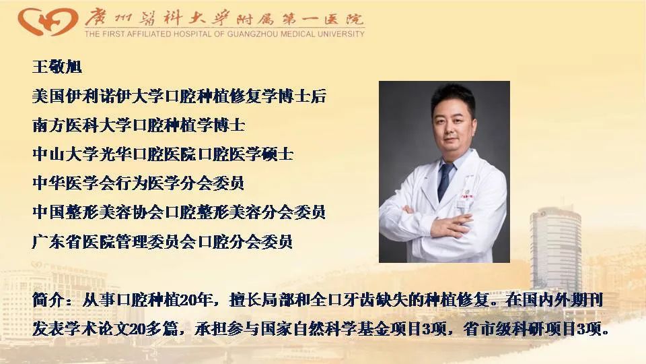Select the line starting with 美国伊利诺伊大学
[179, 96]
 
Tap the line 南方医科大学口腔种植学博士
[139, 125]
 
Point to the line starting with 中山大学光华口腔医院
[163, 154]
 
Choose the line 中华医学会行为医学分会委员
[139, 183]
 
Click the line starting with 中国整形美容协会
[179, 212]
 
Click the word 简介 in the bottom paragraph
[47, 301]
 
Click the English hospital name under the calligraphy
[224, 33]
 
